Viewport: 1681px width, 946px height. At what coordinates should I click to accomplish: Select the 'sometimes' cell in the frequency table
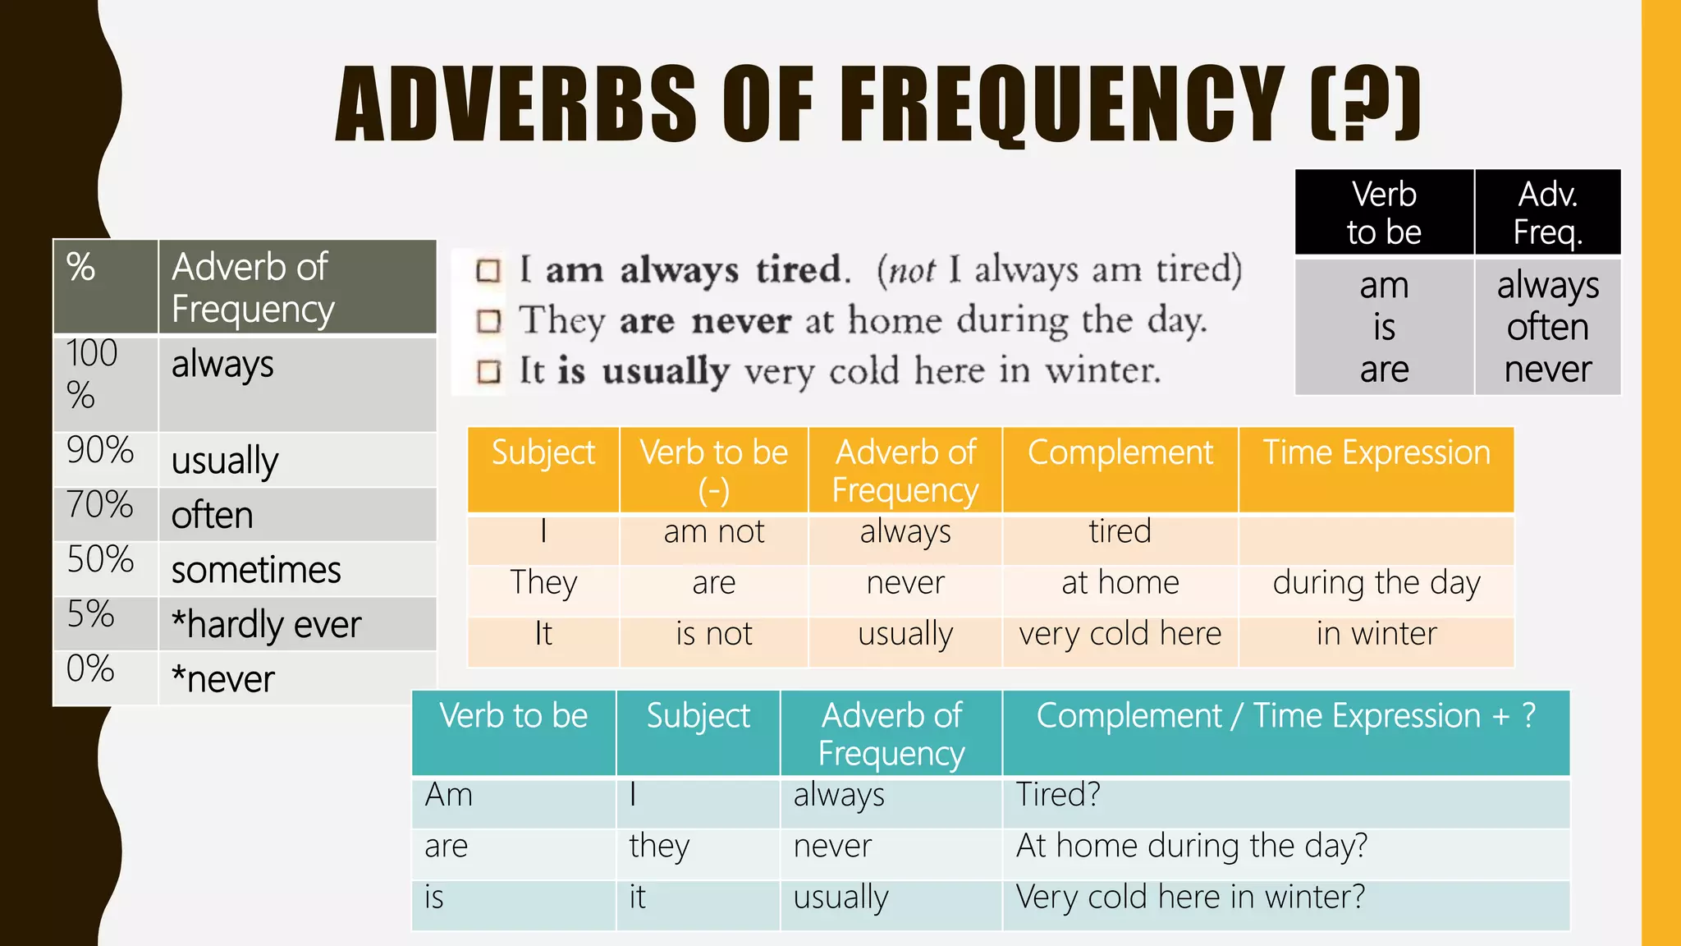click(256, 570)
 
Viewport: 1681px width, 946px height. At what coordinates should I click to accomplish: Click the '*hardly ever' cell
click(266, 625)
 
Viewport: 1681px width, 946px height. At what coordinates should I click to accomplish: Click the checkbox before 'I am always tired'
click(488, 271)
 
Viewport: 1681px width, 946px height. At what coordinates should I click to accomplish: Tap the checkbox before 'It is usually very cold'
click(488, 372)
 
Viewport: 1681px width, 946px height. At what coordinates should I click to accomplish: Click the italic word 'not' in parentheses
click(912, 271)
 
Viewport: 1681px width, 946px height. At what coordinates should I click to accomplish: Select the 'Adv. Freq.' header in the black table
click(1547, 213)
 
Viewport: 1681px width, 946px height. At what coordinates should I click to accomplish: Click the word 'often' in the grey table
click(1547, 327)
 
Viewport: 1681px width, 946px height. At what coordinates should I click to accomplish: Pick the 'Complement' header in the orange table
click(1120, 453)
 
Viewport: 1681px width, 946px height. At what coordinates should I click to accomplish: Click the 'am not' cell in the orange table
click(713, 532)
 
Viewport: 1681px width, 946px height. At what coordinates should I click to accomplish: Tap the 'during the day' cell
click(1376, 583)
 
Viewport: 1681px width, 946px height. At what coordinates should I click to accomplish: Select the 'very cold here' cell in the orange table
click(1120, 634)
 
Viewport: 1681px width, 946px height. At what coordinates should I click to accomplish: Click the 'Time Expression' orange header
click(1376, 453)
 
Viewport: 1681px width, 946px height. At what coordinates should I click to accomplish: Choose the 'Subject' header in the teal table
click(698, 716)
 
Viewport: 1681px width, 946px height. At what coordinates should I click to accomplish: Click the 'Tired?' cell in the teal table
click(1058, 795)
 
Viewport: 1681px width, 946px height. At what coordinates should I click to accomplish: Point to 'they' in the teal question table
click(659, 846)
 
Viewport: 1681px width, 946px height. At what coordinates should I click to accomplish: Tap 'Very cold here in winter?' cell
click(1190, 897)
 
